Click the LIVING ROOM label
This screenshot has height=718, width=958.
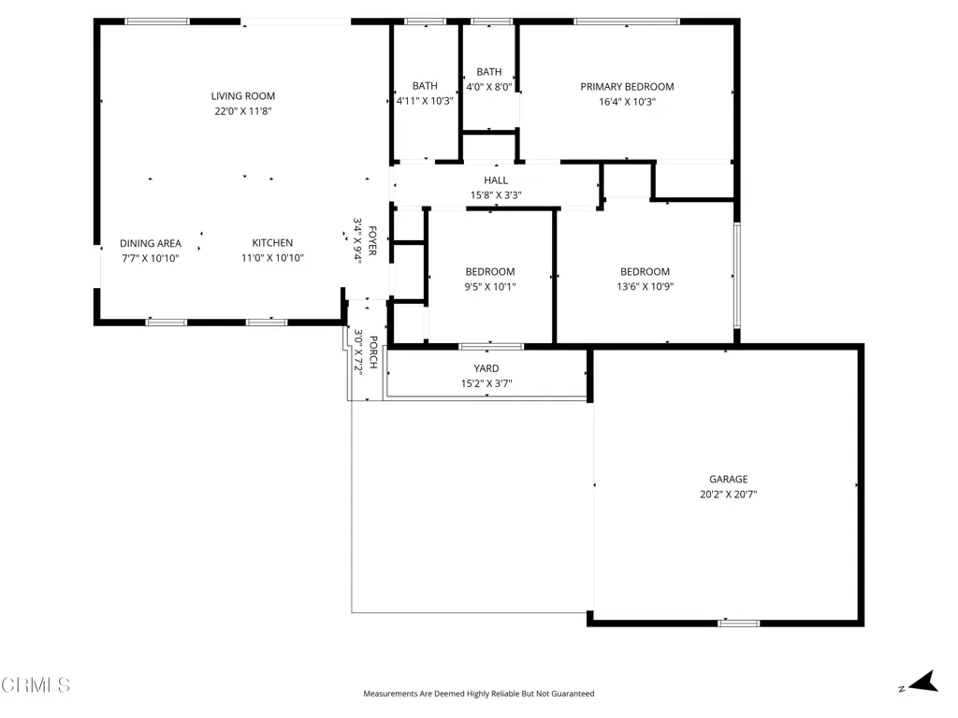[243, 96]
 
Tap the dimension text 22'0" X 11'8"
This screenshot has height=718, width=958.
[243, 111]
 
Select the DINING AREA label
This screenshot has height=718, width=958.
[151, 243]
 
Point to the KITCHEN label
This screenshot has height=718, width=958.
[272, 242]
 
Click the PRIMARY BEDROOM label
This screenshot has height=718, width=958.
[627, 87]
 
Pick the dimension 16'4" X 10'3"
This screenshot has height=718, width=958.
[627, 102]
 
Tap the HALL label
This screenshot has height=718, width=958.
[496, 180]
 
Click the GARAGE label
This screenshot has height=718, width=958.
[728, 480]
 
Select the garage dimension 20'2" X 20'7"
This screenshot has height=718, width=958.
[728, 495]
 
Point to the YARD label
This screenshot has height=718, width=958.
[486, 368]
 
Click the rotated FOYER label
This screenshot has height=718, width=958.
[372, 240]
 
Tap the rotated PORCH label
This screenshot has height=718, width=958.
[373, 352]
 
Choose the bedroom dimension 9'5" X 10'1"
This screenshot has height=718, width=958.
[490, 287]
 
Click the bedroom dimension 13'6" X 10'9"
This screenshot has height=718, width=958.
[645, 286]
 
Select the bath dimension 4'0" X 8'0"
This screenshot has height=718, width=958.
[488, 87]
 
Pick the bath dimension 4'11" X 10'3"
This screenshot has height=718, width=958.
[425, 101]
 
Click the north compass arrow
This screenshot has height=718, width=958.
[923, 682]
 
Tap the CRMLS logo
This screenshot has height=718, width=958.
[36, 685]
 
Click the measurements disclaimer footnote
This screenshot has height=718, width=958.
[478, 694]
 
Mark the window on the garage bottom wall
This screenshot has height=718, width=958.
[739, 624]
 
